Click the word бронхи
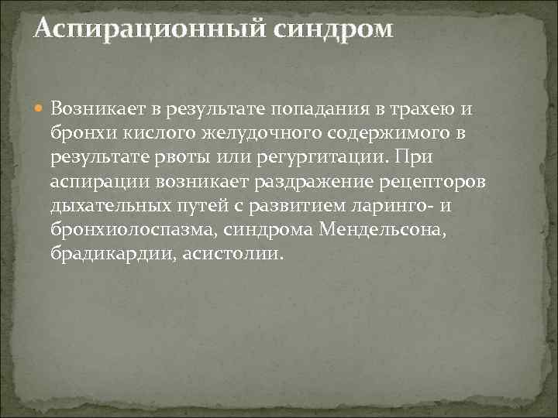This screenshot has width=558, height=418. [76, 133]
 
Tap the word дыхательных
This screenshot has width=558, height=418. [105, 207]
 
